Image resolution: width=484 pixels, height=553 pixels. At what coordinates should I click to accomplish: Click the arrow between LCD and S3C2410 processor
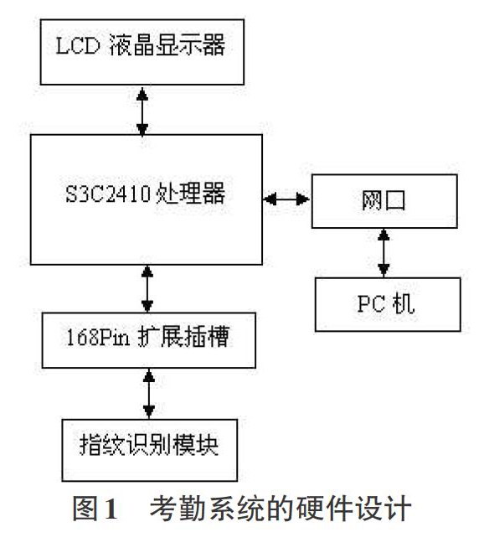[142, 111]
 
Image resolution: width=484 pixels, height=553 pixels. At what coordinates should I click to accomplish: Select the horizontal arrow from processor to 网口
[287, 199]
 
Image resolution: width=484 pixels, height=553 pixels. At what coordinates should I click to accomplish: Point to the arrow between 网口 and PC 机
[384, 253]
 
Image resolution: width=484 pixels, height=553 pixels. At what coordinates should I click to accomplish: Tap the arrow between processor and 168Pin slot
[147, 289]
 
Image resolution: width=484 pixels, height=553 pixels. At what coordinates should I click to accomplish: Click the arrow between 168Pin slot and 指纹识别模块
[149, 394]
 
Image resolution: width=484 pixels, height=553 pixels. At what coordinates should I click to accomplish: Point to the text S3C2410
[108, 194]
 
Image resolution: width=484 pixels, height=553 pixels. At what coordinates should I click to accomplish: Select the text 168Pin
[98, 337]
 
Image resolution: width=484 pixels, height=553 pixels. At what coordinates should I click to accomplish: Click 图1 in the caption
[95, 509]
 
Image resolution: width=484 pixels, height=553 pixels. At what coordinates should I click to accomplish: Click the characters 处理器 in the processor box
[190, 194]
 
